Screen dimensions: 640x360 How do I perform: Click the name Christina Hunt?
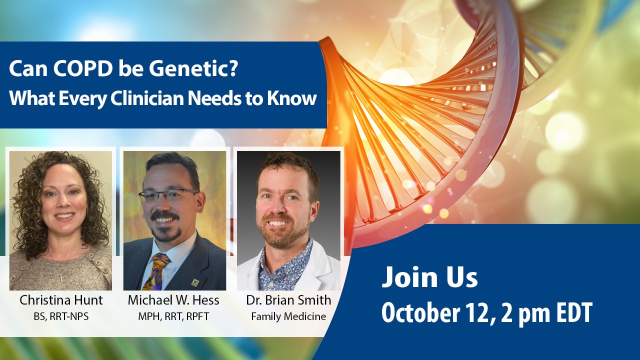coord(61,300)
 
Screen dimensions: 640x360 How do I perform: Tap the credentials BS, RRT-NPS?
coord(61,316)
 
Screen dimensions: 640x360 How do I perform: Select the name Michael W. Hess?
coord(173,300)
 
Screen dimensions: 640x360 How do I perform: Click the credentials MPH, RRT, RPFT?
coord(173,316)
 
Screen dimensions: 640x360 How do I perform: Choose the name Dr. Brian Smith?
coord(288,300)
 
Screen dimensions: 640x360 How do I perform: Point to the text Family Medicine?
coord(288,316)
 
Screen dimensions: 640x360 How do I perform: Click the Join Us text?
coord(429,277)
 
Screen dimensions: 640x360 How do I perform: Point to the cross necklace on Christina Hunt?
coord(61,277)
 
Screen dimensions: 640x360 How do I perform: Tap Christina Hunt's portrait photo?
coord(60,220)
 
